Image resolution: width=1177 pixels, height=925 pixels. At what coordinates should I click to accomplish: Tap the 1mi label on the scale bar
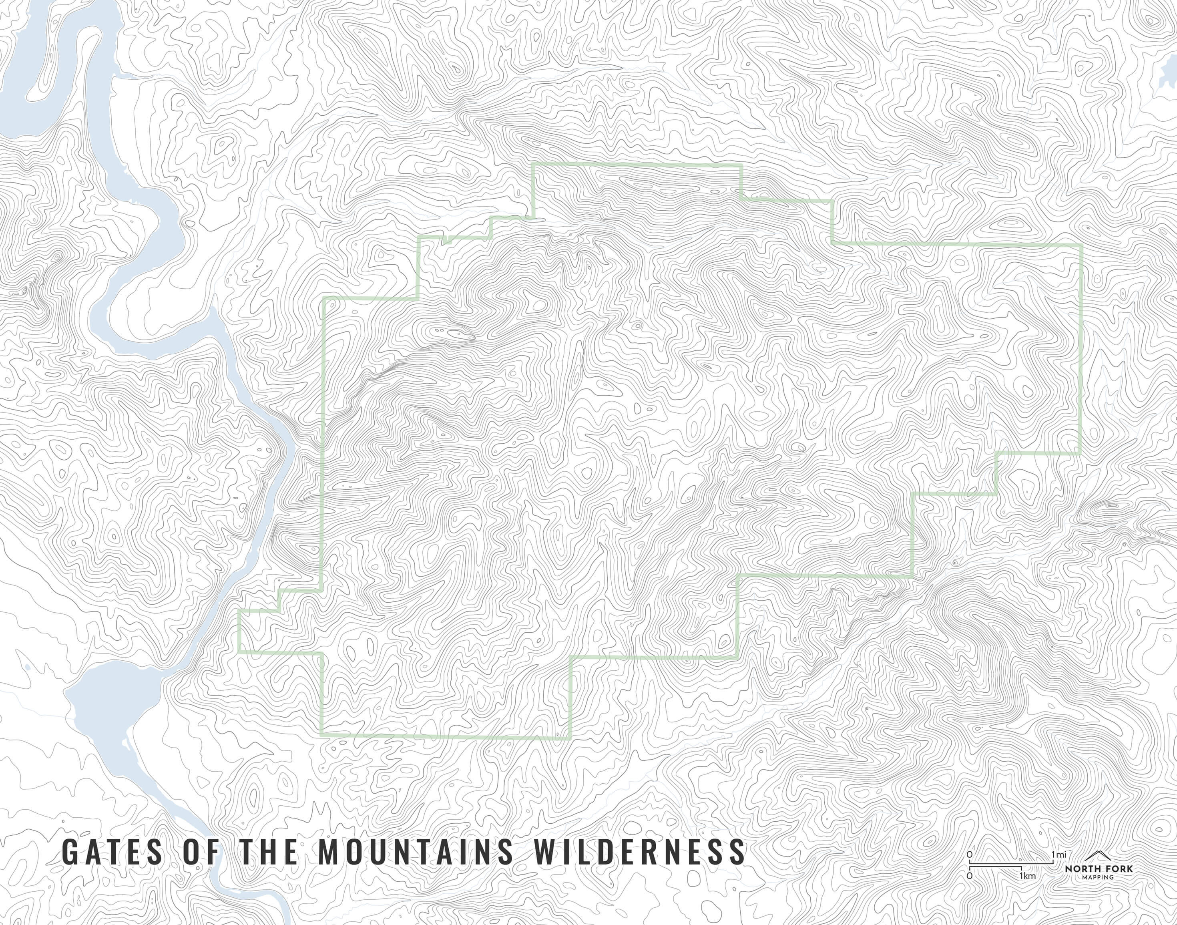pyautogui.click(x=1059, y=870)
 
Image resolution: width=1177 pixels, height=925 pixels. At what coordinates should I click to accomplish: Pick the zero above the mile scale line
pyautogui.click(x=969, y=870)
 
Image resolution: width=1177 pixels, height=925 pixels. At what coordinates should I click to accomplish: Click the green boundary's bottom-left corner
pyautogui.click(x=321, y=734)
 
